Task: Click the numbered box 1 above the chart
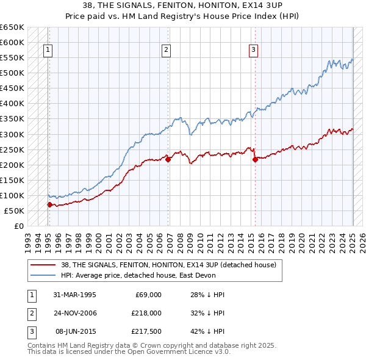point(48,51)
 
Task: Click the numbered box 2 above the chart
point(166,51)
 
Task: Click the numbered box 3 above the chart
point(253,51)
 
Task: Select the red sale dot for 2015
point(255,159)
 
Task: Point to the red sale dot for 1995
point(49,204)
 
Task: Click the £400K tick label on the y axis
point(12,104)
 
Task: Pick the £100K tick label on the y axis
point(12,195)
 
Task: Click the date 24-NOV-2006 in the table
point(74,313)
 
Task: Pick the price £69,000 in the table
point(148,294)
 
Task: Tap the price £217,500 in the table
point(146,332)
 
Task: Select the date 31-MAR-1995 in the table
point(74,294)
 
